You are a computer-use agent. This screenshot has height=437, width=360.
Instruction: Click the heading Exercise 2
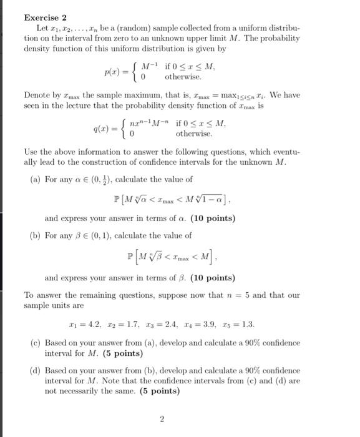[46, 18]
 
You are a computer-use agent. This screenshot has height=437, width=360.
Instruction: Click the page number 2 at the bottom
[162, 420]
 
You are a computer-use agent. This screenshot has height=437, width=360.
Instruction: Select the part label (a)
[37, 178]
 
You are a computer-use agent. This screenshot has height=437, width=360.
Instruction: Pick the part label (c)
[37, 343]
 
